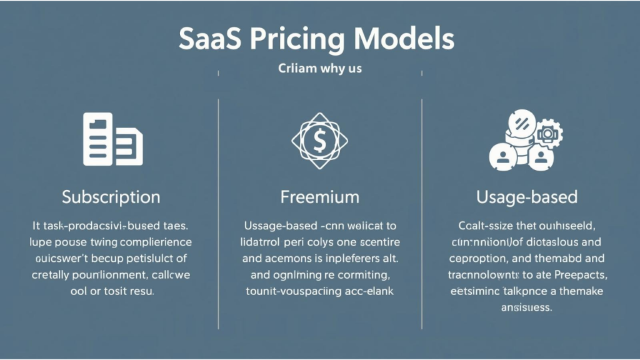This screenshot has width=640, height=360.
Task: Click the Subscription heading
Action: pos(111,197)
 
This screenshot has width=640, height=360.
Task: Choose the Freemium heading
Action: pos(319,197)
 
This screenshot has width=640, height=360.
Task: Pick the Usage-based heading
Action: pos(526,197)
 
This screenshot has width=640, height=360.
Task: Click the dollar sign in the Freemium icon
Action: pos(319,141)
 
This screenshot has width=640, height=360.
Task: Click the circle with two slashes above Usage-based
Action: pos(520,122)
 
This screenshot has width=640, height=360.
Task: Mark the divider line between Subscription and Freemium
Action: pos(218,212)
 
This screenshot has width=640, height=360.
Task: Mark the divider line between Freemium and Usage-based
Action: pos(422,212)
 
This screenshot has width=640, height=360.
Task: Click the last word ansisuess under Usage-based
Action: pos(526,307)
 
